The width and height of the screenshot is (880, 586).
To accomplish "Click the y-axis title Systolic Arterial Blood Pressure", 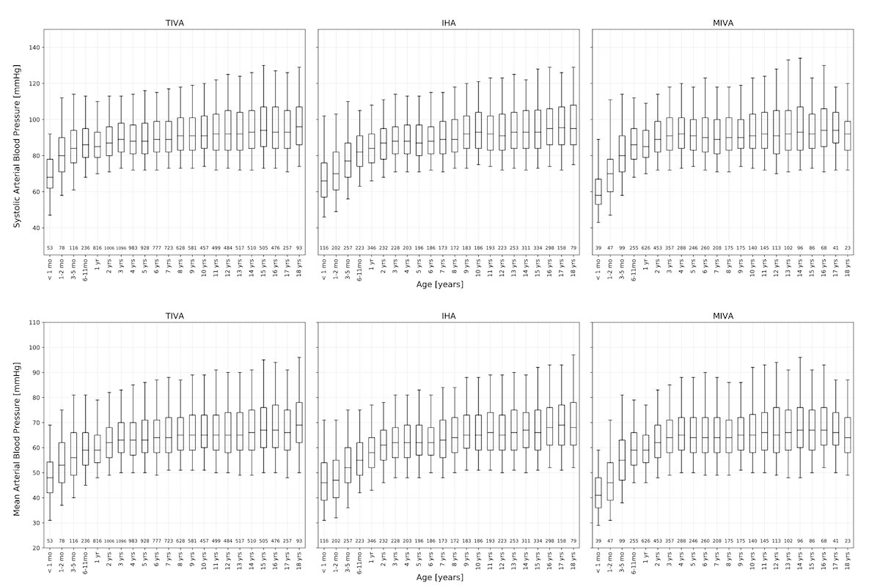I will point(16,143).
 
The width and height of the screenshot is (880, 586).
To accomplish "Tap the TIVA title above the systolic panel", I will point(174,23).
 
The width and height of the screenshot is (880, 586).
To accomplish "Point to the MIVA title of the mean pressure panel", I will point(722,316).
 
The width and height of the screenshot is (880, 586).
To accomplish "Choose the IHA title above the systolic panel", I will point(448,23).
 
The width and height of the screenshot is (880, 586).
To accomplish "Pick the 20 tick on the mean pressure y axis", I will point(34,548).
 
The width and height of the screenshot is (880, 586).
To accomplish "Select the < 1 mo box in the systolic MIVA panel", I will point(598,191).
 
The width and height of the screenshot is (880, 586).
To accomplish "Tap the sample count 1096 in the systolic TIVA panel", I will point(121,248).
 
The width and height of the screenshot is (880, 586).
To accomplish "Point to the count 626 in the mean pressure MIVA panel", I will point(645,541).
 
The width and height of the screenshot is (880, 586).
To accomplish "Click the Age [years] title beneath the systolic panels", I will point(448,284).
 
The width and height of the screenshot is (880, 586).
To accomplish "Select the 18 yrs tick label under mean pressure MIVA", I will point(848,560).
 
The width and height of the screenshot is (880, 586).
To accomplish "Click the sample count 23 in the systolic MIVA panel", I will point(847,248).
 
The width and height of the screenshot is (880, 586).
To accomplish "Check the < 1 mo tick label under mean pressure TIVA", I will point(50,562).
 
